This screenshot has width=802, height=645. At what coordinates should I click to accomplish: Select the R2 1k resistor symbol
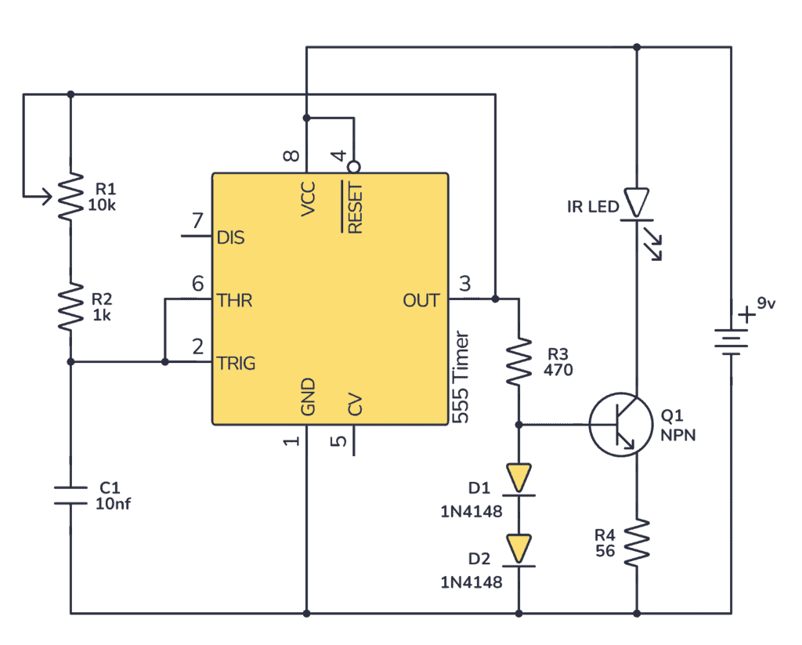tap(70, 306)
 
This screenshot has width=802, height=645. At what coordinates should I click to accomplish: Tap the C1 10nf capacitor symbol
tap(70, 495)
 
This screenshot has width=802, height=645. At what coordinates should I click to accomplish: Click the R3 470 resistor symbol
tap(518, 361)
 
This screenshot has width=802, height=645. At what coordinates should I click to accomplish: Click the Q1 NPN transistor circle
tap(621, 425)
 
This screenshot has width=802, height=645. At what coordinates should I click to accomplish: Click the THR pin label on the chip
tap(235, 300)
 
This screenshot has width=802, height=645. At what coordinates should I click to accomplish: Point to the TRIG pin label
tap(237, 363)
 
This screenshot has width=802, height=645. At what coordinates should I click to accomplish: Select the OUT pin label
tap(421, 300)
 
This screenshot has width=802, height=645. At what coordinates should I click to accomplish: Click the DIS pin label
tap(230, 237)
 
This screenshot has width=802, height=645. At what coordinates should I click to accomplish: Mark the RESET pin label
tap(355, 208)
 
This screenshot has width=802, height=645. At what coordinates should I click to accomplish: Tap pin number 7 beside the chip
tap(197, 219)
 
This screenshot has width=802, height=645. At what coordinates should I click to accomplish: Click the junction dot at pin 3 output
tap(495, 299)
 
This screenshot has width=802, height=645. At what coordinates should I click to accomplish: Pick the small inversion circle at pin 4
tap(354, 166)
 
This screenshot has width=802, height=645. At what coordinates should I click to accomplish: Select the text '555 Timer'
tap(462, 377)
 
